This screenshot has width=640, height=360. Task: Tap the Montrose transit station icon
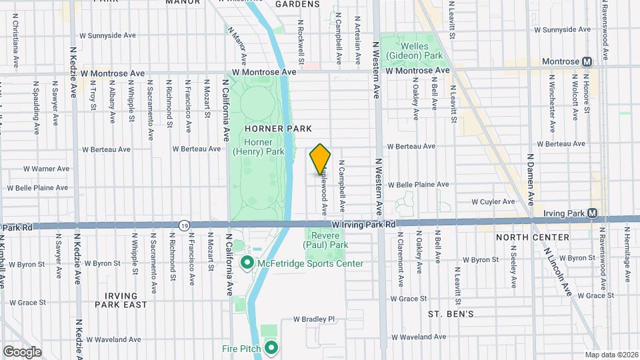(587, 61)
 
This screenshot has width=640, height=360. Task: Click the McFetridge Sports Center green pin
(247, 263)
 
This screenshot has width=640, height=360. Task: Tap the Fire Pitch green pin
(271, 348)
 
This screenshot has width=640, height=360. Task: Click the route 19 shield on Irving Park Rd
(183, 226)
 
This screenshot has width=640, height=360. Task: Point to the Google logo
(22, 351)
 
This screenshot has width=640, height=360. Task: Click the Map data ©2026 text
(611, 355)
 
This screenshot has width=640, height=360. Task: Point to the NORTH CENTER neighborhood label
(533, 237)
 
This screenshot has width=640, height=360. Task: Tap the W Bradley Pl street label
(314, 319)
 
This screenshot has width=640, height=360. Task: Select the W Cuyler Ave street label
(493, 201)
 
